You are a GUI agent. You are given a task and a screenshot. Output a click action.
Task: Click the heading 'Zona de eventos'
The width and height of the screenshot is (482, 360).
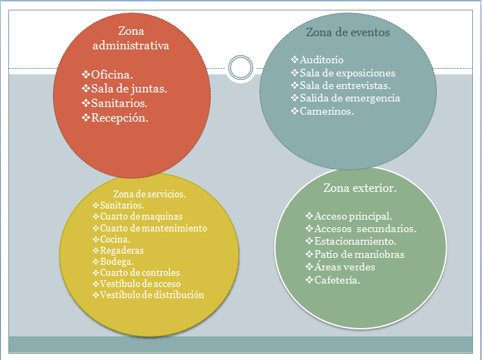[x=348, y=32]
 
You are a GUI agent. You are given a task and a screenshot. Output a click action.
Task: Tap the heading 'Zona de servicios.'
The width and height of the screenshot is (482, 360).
[x=150, y=194]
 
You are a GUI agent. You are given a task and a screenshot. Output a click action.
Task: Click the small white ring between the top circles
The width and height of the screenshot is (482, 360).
[x=240, y=67]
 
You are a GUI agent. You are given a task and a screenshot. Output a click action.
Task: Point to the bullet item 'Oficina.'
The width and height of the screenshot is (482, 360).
[x=112, y=74]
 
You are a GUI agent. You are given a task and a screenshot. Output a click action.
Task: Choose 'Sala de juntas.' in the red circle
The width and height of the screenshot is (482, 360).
[x=129, y=88]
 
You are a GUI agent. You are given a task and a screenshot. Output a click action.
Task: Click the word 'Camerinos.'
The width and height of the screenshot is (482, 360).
[x=326, y=111]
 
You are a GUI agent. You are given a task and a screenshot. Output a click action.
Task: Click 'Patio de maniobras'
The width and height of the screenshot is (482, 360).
[x=359, y=254]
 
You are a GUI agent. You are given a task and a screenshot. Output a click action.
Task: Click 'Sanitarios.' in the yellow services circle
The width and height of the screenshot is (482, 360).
[x=122, y=206]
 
